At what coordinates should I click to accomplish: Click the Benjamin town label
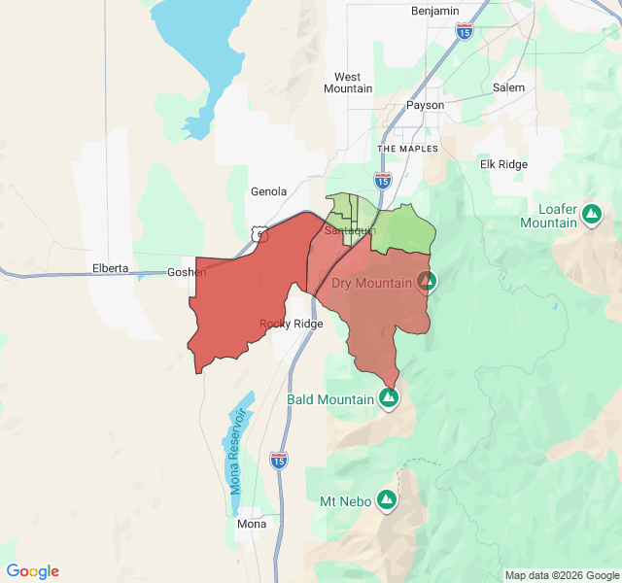pyautogui.click(x=434, y=10)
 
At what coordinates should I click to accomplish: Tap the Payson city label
pyautogui.click(x=425, y=105)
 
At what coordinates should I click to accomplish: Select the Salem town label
pyautogui.click(x=508, y=87)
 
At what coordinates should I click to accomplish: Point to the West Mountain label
pyautogui.click(x=347, y=83)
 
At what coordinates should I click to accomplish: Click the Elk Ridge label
pyautogui.click(x=503, y=164)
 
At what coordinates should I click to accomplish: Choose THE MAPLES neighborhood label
pyautogui.click(x=408, y=149)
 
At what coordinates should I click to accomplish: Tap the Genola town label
pyautogui.click(x=268, y=191)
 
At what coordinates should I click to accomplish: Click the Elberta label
pyautogui.click(x=111, y=268)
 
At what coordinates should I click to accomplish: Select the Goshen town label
pyautogui.click(x=187, y=272)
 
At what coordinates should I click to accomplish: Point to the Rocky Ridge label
pyautogui.click(x=291, y=324)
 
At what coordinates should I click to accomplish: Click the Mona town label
pyautogui.click(x=252, y=524)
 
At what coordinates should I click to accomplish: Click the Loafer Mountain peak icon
pyautogui.click(x=591, y=212)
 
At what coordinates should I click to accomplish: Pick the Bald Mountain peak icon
pyautogui.click(x=389, y=398)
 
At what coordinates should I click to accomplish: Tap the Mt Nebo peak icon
pyautogui.click(x=387, y=500)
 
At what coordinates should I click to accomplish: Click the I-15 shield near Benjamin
pyautogui.click(x=465, y=32)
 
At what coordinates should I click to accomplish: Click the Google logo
pyautogui.click(x=33, y=571)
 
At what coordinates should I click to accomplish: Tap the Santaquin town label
pyautogui.click(x=349, y=230)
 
